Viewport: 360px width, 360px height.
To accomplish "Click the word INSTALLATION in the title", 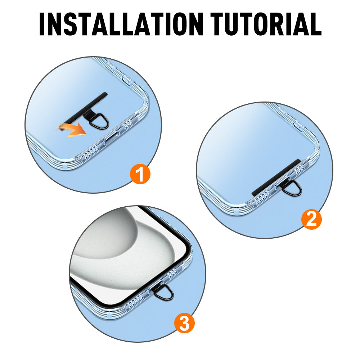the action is [121, 24].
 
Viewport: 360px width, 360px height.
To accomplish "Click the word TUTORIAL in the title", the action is [266, 24].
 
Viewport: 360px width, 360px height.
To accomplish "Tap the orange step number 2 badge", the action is [311, 219].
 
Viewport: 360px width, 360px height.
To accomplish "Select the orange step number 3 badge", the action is [184, 323].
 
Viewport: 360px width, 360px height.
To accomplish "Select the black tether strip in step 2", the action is [276, 178].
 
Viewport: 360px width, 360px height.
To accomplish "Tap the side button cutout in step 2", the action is [297, 126].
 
